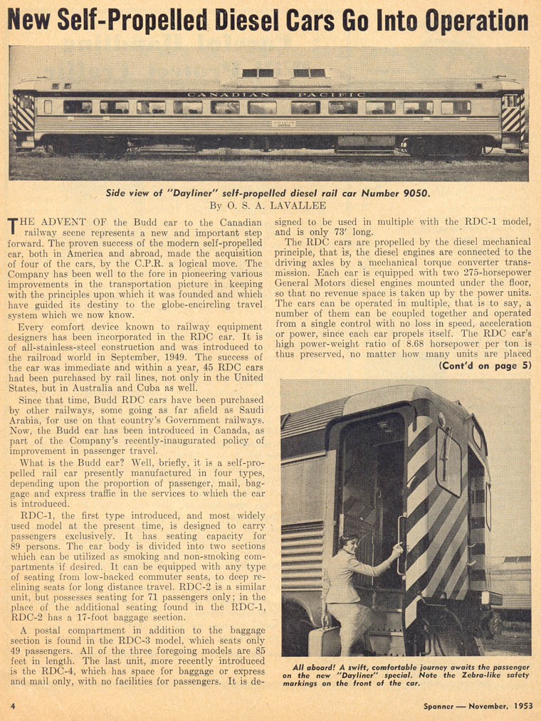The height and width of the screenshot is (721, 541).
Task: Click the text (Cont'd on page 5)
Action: [485, 366]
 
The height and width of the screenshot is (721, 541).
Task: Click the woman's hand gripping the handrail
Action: [397, 549]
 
